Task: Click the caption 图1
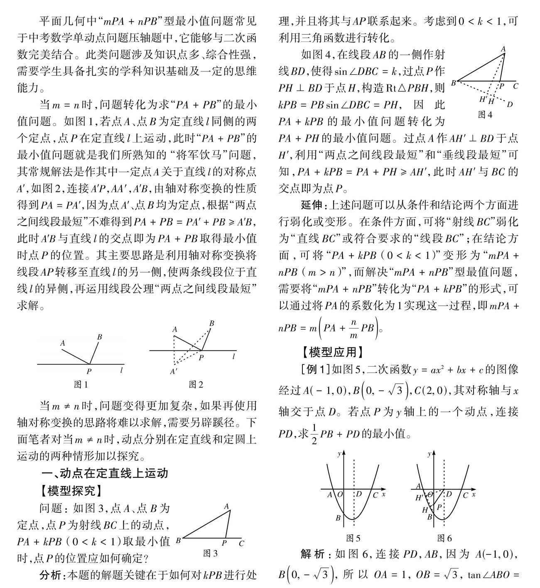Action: [x=81, y=384]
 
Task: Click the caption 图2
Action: [x=196, y=384]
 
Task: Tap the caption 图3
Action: [x=210, y=553]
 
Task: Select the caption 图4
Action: [x=485, y=115]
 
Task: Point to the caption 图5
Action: [x=353, y=539]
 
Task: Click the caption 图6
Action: [x=444, y=539]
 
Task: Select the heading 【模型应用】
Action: [x=333, y=352]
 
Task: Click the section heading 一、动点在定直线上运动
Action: [x=106, y=474]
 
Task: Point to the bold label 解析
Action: [x=313, y=554]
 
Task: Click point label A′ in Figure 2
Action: [x=174, y=371]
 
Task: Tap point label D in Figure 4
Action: [x=510, y=104]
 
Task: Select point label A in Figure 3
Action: [x=226, y=507]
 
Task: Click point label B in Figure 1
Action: [x=100, y=337]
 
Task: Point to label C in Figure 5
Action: [x=375, y=495]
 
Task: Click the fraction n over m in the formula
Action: [x=354, y=328]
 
